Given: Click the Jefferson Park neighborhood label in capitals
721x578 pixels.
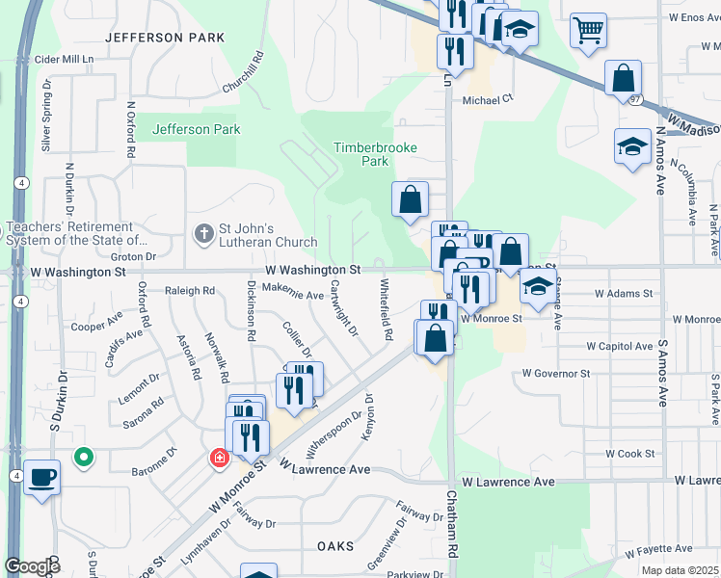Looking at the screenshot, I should point(157,38).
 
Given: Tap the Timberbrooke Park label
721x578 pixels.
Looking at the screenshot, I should point(361,154).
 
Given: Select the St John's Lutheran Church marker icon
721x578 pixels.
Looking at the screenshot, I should point(202,233).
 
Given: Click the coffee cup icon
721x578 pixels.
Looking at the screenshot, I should point(41,476).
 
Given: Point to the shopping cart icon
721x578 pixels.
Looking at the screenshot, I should point(587,29).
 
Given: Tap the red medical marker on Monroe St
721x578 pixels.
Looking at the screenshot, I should point(221,457).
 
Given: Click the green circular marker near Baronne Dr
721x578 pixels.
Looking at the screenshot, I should point(84,458).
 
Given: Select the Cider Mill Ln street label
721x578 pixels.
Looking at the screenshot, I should point(64,60).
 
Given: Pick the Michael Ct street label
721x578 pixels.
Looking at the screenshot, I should point(489,100).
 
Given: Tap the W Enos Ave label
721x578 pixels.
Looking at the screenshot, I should point(687,17).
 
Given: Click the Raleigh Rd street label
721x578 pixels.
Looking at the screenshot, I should point(189,290).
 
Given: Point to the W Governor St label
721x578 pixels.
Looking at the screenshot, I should point(555,373).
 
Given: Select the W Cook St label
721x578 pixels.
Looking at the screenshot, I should point(629,453).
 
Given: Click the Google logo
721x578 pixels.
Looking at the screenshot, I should point(32,566).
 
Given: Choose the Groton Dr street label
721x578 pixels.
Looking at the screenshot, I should point(133,257).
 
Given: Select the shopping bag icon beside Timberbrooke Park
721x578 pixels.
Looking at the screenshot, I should point(410,199).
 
